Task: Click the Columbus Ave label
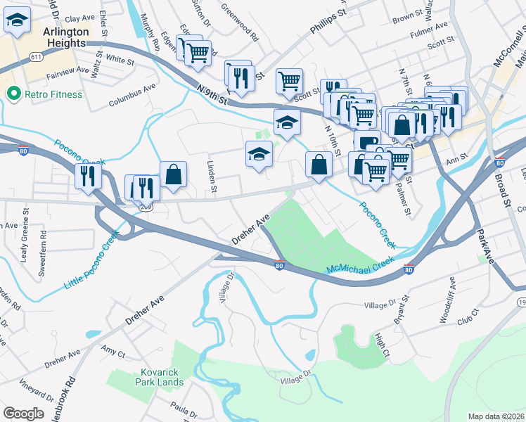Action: tap(132, 97)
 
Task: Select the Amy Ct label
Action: tap(112, 349)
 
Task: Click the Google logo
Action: tap(23, 413)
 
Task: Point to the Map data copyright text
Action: tap(496, 416)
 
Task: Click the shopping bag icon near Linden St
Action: tap(173, 175)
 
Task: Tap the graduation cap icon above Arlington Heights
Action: tap(17, 23)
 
